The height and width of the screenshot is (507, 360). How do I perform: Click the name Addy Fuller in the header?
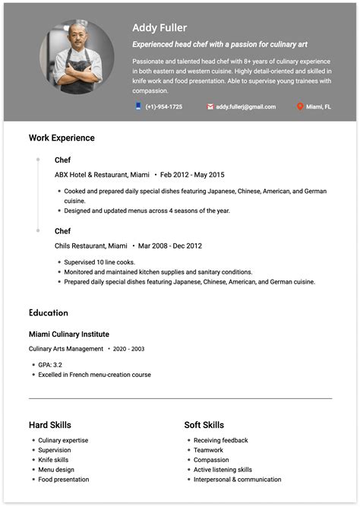point(159,28)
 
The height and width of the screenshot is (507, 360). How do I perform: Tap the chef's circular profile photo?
point(77,63)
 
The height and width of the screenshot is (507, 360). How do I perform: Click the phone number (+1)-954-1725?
point(163,107)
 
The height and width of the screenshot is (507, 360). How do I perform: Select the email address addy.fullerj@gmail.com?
point(245,107)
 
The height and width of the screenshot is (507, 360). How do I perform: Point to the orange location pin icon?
point(300,107)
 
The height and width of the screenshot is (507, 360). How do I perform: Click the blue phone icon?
point(138,107)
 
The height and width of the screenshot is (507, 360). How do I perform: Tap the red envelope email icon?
point(210,107)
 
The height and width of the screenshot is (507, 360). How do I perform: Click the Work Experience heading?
point(62,138)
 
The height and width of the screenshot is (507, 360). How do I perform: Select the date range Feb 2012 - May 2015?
point(192,175)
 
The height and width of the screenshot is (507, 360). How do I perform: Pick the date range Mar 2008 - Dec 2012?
point(169,246)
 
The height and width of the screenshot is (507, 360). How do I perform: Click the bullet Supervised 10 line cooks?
point(100,262)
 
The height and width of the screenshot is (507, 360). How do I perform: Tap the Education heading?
point(49,312)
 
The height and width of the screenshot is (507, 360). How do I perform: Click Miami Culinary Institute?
point(69,334)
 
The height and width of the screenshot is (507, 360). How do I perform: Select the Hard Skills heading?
point(50,425)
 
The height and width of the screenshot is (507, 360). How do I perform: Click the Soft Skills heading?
point(204,425)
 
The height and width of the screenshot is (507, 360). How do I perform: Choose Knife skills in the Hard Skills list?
point(53,460)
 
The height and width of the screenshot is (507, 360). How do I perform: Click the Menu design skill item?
point(56,470)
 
